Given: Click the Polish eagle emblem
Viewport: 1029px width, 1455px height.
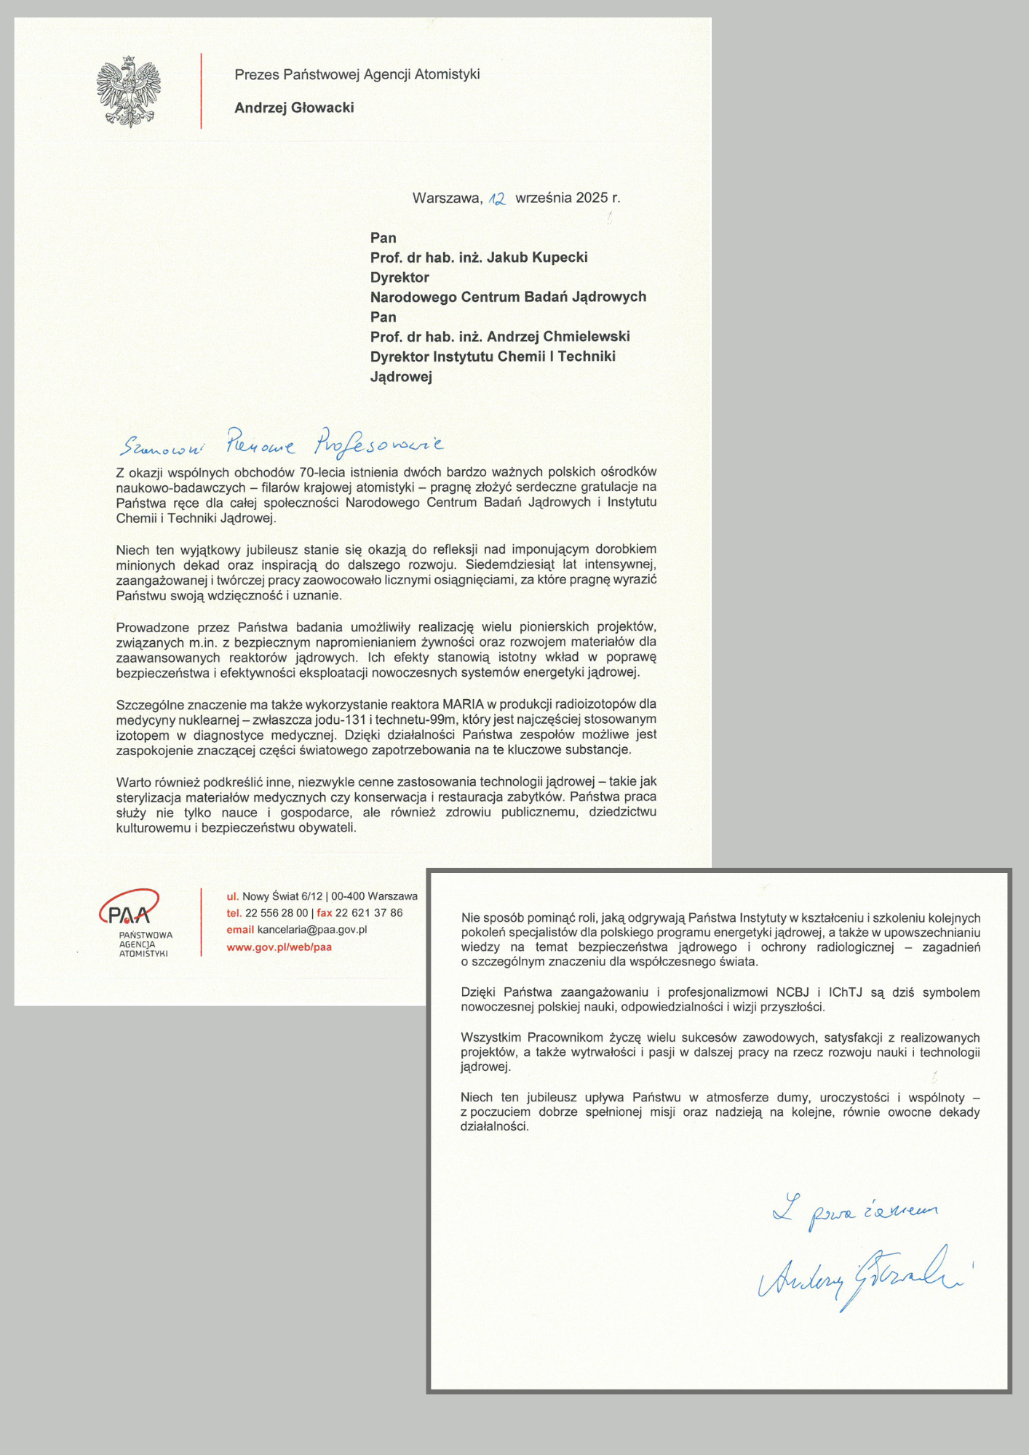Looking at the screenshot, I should [x=129, y=91].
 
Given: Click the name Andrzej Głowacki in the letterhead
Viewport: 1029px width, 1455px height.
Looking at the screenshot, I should [x=294, y=108].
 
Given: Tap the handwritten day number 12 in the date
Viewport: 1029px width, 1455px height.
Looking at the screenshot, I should [x=497, y=199].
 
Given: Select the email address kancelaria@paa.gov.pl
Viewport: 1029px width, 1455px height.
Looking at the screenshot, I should [x=311, y=930].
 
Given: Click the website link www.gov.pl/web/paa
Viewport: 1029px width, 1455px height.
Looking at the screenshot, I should [x=279, y=947].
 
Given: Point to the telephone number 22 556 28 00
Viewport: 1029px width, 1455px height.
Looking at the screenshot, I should [x=277, y=913].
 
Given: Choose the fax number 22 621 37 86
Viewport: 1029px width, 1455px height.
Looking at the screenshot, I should [x=369, y=913].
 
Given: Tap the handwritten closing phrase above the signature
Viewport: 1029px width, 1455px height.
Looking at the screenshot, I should [x=854, y=1211].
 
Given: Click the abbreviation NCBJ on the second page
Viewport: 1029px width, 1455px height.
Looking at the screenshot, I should [x=792, y=992].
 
